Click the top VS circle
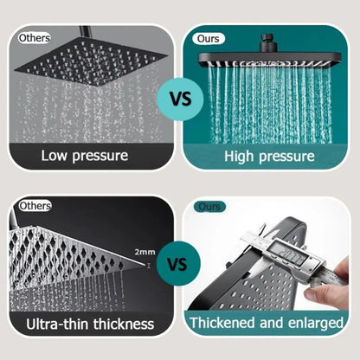click(180, 98)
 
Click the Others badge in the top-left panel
click(35, 38)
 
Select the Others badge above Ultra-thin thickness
click(35, 206)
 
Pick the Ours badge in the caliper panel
click(209, 207)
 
